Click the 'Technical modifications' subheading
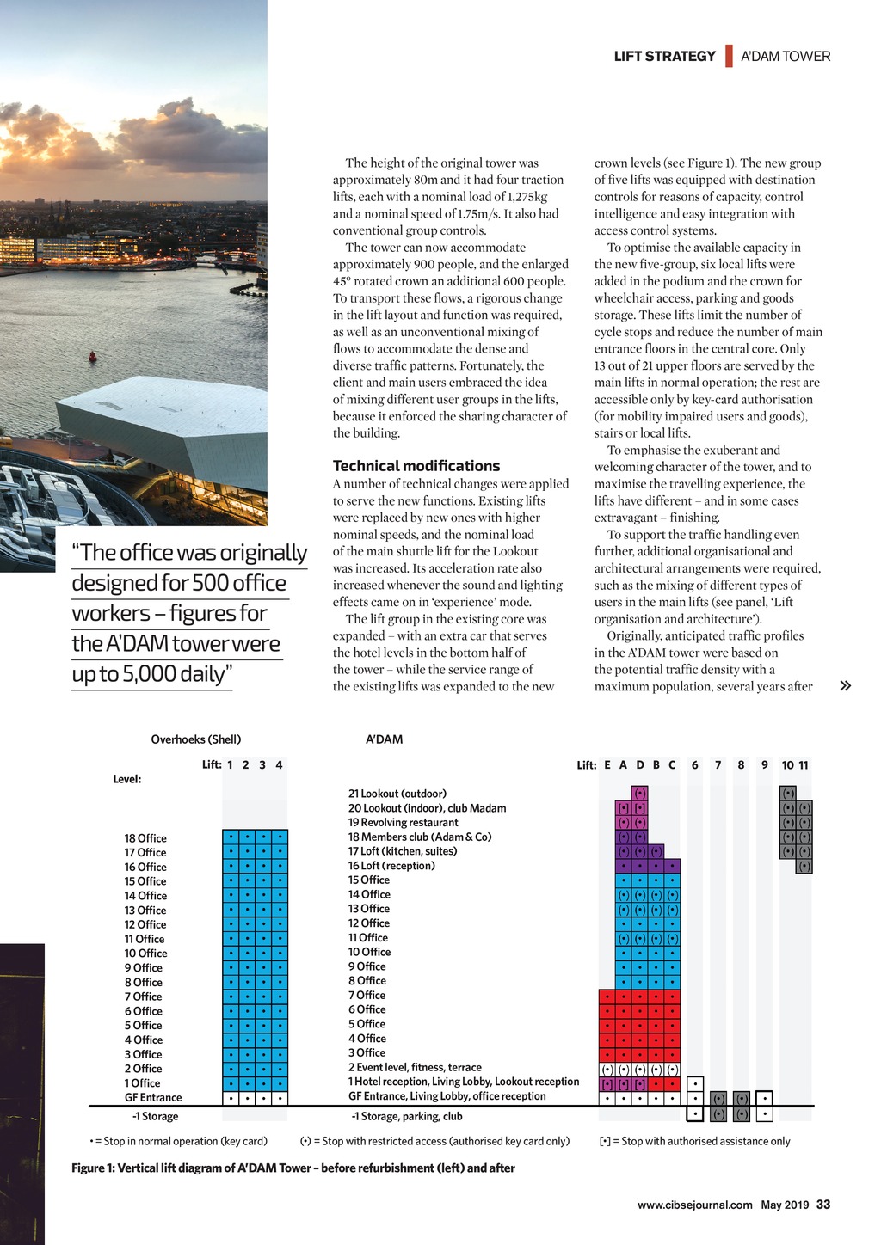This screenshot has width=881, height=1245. click(416, 466)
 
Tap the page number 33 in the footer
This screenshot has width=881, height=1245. click(823, 1205)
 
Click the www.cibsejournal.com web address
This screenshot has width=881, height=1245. click(694, 1205)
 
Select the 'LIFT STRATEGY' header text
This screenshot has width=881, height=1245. click(664, 57)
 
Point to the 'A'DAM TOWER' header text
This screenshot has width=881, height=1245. click(786, 57)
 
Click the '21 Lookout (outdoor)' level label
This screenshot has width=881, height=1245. click(397, 794)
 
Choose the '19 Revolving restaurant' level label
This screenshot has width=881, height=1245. click(403, 823)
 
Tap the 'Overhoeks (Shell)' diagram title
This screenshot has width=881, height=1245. click(195, 739)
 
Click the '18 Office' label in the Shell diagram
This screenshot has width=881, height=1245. click(145, 838)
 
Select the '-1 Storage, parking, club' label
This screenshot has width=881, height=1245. click(406, 1116)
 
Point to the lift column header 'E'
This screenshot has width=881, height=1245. click(607, 765)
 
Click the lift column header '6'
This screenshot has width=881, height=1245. click(694, 765)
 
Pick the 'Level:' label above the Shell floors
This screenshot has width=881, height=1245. click(126, 779)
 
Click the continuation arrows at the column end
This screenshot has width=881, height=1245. click(845, 686)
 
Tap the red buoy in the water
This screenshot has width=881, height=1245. click(93, 355)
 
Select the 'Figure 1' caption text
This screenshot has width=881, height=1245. click(293, 1168)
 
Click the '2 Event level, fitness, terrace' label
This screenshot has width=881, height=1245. click(415, 1067)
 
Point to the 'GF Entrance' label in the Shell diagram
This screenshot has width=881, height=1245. click(153, 1097)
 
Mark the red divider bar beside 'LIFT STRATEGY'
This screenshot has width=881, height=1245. click(729, 56)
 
